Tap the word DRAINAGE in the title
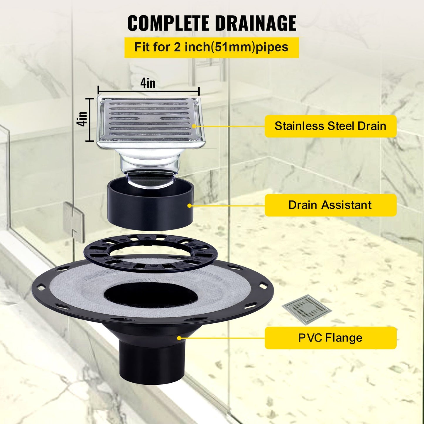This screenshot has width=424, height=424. [x=255, y=23]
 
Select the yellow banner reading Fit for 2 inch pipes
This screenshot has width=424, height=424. [x=211, y=47]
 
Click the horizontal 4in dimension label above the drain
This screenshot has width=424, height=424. [x=148, y=83]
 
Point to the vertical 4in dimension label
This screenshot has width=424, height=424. [x=83, y=119]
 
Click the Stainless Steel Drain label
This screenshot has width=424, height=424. [x=330, y=126]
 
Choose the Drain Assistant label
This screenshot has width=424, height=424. [x=330, y=205]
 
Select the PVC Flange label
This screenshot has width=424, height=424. [x=330, y=338]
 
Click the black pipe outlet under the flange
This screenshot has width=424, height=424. [x=152, y=364]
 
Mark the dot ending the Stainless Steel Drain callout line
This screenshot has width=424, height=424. [x=194, y=126]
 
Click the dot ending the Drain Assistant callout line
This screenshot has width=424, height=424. [x=190, y=206]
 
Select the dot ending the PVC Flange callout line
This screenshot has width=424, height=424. [x=179, y=338]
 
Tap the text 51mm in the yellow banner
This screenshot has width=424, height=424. [x=233, y=47]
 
